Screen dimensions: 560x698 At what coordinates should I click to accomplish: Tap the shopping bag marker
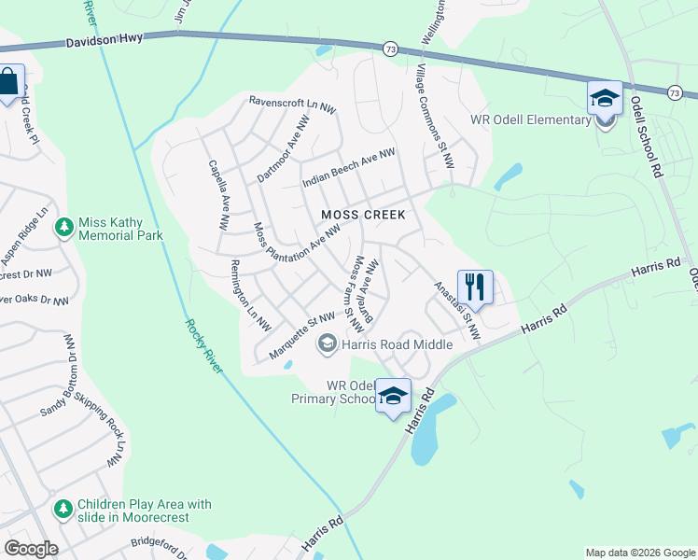click(8, 82)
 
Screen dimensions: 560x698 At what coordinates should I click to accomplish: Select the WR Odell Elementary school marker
click(605, 98)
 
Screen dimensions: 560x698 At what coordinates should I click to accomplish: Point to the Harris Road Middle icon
click(327, 344)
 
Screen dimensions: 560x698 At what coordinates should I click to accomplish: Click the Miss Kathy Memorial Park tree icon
click(64, 228)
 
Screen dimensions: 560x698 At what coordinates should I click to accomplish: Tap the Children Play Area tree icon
click(63, 510)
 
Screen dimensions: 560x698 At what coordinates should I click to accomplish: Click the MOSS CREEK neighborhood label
click(363, 215)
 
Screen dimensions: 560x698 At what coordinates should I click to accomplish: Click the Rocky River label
click(203, 346)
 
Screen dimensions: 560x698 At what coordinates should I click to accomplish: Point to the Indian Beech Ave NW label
click(349, 168)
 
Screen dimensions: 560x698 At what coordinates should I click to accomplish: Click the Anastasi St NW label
click(457, 311)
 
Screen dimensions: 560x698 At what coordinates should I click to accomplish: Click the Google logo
click(31, 549)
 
